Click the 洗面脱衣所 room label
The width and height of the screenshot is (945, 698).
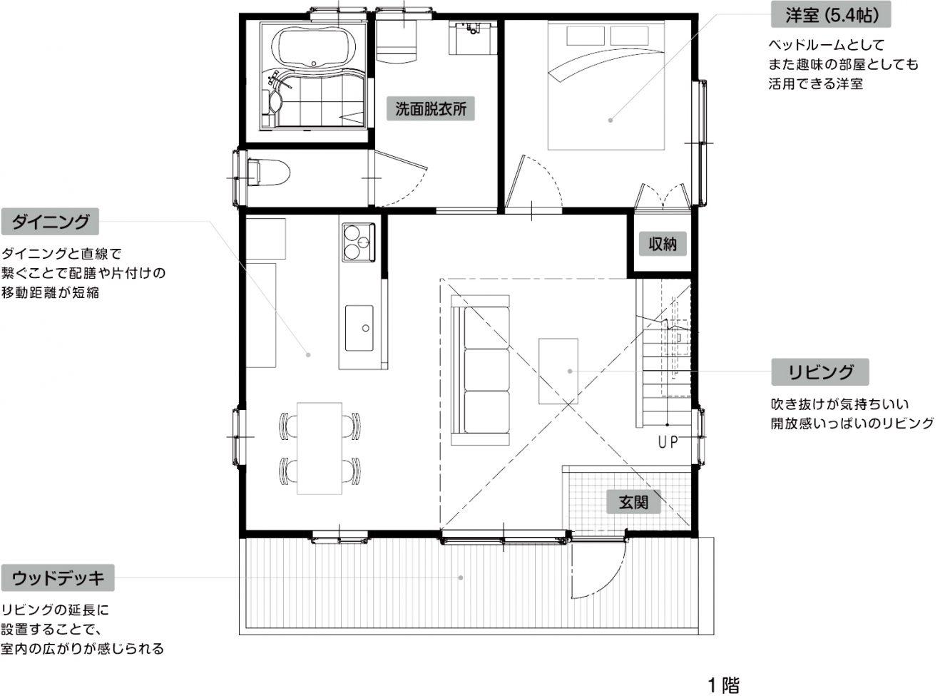pos(430,109)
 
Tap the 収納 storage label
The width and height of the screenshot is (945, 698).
pos(663,244)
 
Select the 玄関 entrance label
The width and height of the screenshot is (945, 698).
pos(633,502)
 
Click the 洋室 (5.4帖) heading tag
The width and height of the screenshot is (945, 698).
pos(831,16)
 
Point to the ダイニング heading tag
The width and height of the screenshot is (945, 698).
pos(50,222)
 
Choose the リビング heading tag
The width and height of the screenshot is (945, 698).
pos(820,371)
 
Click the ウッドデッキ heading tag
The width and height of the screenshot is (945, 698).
pos(58,578)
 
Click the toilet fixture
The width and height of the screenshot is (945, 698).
pos(268,173)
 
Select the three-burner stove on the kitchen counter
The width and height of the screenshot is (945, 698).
pos(359,242)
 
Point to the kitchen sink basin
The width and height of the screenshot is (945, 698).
pos(359,328)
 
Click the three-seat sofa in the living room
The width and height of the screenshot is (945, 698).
pos(481,370)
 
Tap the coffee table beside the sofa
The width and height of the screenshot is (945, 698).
pos(558,371)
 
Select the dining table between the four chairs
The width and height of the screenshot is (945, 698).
pos(320,448)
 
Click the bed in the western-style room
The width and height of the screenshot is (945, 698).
pos(606,85)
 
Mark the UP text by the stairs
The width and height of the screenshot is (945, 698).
pos(668,443)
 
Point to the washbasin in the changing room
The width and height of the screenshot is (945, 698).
pos(473,38)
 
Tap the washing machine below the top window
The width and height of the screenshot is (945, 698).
pos(397,41)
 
